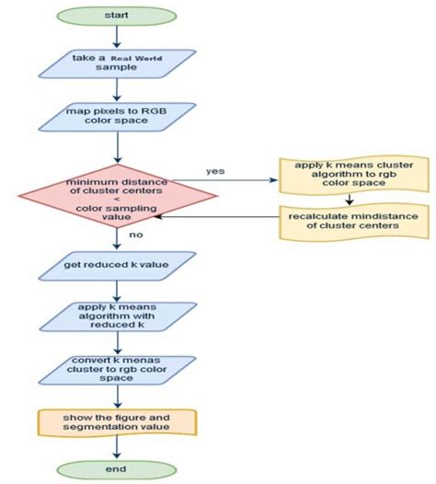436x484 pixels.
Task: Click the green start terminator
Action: click(x=117, y=15)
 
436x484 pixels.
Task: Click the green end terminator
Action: click(x=117, y=469)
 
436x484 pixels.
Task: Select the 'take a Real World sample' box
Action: click(x=117, y=63)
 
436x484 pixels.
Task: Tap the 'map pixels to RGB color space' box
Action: click(x=117, y=118)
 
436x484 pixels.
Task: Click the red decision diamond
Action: click(x=117, y=198)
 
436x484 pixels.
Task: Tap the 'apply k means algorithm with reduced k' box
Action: click(x=117, y=317)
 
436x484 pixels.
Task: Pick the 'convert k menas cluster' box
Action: click(x=117, y=371)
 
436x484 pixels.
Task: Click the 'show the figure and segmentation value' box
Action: click(x=117, y=423)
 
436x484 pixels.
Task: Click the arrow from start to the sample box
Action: click(x=117, y=37)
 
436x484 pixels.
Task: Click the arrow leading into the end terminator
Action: click(x=117, y=448)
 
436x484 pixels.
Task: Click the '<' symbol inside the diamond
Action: click(x=117, y=198)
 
